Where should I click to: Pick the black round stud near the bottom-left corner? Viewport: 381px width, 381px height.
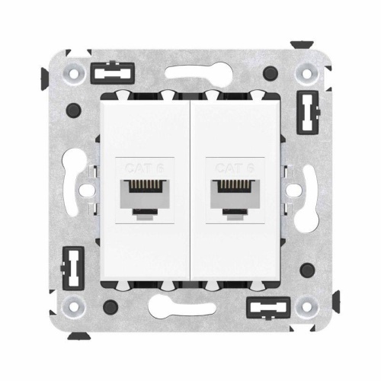pos(110,307)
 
